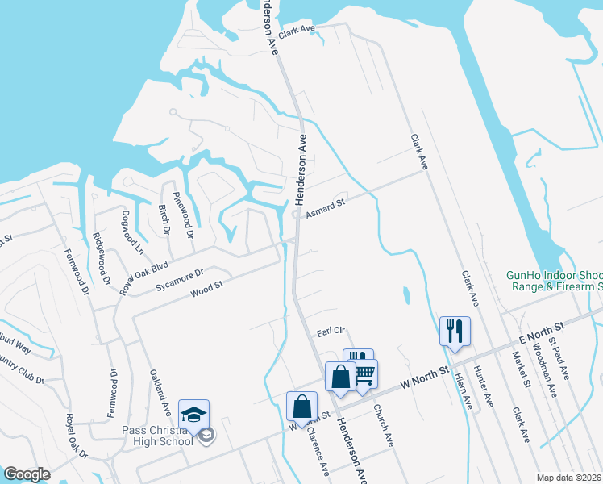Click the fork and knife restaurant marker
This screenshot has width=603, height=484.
[x=455, y=331]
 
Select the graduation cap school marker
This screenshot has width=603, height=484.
[x=193, y=415]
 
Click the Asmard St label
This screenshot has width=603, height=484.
[x=325, y=208]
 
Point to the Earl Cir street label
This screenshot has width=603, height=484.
[x=331, y=331]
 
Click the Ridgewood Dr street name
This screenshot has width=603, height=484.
[x=102, y=259]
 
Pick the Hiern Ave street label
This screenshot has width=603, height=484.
[x=463, y=386]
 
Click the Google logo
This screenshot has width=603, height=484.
[x=27, y=474]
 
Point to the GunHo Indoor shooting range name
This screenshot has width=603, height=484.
[x=555, y=281]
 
